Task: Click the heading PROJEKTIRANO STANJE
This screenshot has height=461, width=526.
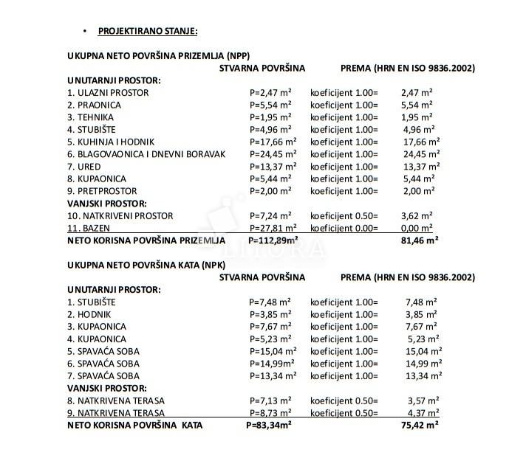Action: (147, 31)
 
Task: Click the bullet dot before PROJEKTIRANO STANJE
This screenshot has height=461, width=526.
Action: (85, 31)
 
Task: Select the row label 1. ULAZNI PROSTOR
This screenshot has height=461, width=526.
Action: (108, 93)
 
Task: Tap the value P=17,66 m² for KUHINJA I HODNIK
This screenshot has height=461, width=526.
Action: (273, 142)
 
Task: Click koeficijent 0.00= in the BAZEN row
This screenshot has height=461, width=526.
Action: (344, 228)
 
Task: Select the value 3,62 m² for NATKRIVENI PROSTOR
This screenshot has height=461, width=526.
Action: (417, 216)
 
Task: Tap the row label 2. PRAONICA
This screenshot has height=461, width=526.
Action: (95, 105)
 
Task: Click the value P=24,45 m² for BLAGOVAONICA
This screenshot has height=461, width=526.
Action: (273, 154)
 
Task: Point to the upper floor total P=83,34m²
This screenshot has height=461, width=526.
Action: (269, 425)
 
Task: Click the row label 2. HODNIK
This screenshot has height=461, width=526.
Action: (89, 314)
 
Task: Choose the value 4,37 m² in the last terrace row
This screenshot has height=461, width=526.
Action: (422, 412)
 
